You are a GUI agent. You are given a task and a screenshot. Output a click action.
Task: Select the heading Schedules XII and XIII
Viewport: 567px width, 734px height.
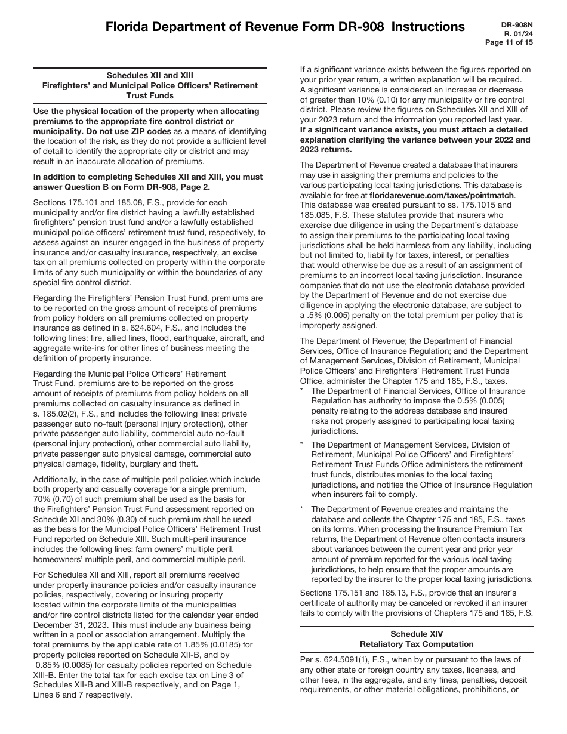point(150,76)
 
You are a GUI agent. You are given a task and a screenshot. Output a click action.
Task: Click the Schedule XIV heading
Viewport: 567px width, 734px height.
point(417,634)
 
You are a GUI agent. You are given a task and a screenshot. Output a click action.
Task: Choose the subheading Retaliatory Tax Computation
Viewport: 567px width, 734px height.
point(417,644)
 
